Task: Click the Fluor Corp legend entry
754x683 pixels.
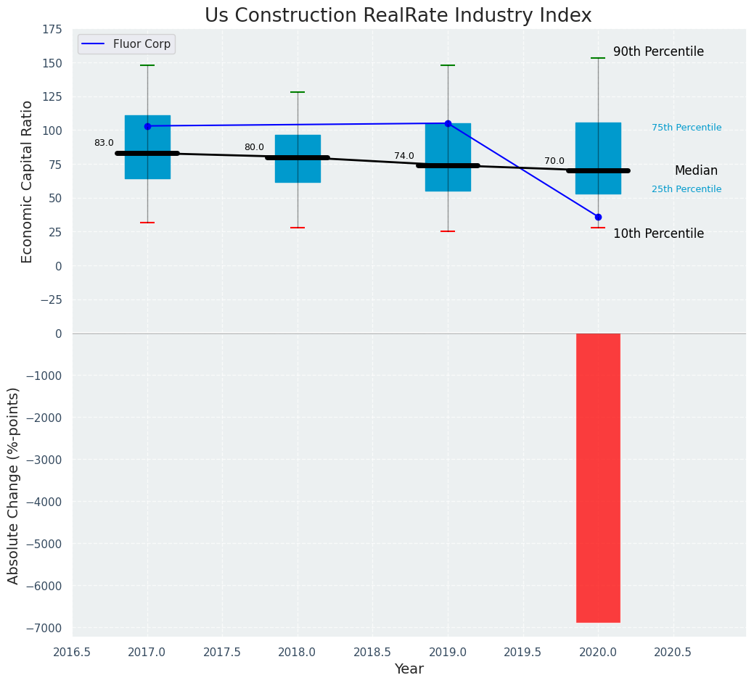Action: (x=127, y=44)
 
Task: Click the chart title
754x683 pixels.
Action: (x=398, y=15)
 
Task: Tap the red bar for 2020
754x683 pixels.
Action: (x=598, y=478)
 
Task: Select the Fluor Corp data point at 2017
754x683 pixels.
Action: (x=147, y=126)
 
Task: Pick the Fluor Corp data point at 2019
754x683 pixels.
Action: (x=448, y=123)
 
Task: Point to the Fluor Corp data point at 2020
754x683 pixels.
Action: (x=598, y=217)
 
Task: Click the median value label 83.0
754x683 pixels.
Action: (x=104, y=143)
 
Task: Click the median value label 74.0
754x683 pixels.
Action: (x=404, y=156)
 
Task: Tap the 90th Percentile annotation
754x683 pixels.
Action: (x=658, y=52)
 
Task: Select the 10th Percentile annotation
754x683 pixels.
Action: (x=658, y=233)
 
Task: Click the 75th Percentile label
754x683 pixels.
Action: (x=687, y=128)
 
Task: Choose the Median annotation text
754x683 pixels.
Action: (x=696, y=171)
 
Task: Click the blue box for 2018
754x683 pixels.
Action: (x=298, y=159)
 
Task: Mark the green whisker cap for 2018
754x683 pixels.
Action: (x=298, y=92)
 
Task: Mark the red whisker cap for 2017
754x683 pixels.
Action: (x=147, y=223)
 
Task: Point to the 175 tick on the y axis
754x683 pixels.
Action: (x=52, y=29)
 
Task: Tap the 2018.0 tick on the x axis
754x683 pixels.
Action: (x=298, y=652)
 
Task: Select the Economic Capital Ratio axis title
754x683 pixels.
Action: (x=27, y=181)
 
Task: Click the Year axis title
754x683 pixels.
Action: (x=409, y=669)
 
